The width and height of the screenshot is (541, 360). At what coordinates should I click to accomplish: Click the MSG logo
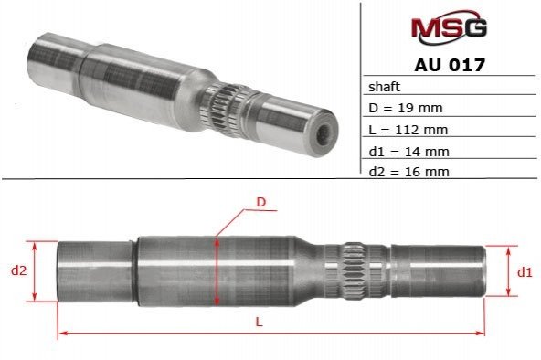pos(449,26)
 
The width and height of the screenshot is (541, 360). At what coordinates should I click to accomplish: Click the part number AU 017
pos(450,65)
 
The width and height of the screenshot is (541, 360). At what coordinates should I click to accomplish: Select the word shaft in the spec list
pos(384,87)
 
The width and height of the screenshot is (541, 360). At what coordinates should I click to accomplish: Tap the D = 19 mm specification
pos(406,108)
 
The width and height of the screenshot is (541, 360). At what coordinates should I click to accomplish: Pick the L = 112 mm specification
pos(408,130)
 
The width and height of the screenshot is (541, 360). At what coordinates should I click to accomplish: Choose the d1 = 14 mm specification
pos(408,152)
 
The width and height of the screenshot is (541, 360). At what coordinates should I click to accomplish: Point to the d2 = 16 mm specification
pos(408,172)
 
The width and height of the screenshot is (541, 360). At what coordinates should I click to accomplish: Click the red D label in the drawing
pos(261,202)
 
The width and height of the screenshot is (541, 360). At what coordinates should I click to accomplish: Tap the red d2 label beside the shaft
pos(18,270)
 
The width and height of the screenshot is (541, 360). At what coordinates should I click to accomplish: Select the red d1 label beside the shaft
pos(525,272)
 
